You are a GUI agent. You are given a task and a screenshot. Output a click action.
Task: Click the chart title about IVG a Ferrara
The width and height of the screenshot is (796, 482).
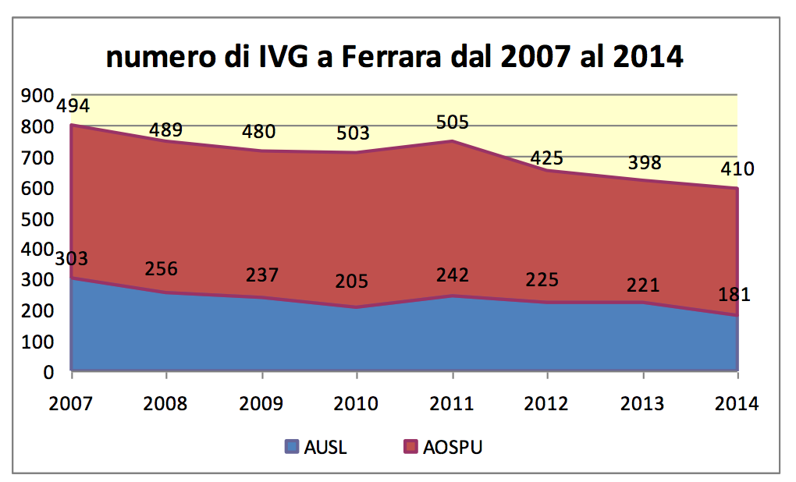coord(395,58)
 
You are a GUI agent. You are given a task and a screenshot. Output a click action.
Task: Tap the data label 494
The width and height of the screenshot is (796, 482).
coord(73,106)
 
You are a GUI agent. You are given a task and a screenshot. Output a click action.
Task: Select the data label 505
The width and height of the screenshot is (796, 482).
coord(453,122)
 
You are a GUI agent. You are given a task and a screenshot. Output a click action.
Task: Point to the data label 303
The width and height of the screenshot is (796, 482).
coord(71,258)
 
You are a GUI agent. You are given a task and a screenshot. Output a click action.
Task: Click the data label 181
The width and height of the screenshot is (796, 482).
coord(734,295)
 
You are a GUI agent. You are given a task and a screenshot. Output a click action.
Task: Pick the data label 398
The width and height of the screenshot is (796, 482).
coord(645,163)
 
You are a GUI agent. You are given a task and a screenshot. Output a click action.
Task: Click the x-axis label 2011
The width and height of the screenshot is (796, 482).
coord(453,404)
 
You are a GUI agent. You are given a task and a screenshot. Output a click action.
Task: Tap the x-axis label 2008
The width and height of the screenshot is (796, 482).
coord(166,404)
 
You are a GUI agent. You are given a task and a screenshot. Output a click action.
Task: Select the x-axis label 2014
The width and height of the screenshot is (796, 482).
coord(737,404)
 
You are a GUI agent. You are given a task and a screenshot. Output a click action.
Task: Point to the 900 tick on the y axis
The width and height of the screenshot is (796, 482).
coord(37,96)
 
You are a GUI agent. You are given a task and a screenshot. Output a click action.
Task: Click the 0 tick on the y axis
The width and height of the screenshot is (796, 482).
coord(48,372)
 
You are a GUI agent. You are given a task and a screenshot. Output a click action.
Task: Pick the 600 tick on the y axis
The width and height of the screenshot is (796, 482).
coord(37,189)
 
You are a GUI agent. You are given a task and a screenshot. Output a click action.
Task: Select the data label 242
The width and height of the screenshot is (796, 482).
coord(453,275)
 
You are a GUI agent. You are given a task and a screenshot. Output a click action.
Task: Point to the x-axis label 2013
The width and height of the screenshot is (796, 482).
coord(642,404)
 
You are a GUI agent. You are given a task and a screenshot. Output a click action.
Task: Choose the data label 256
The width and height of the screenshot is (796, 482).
coord(162,268)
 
